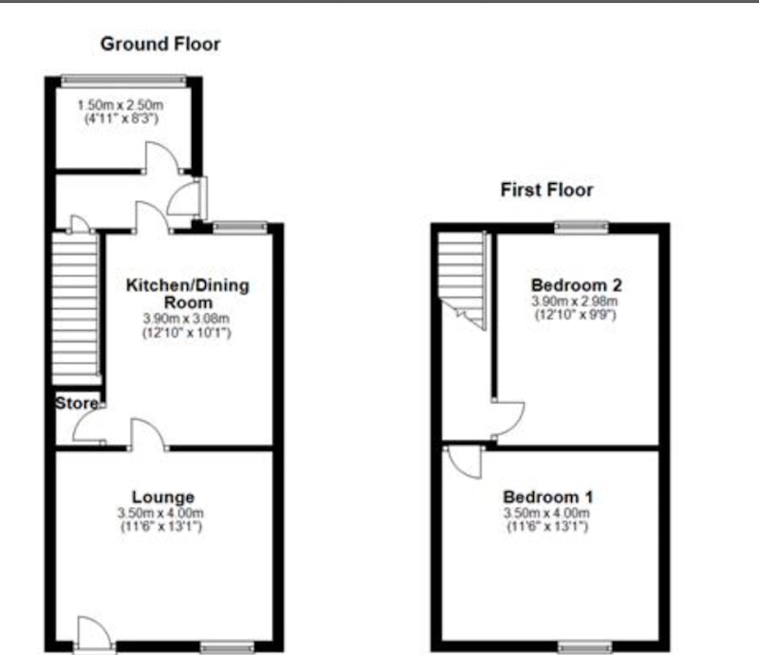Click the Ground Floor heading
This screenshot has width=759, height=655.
pyautogui.click(x=160, y=44)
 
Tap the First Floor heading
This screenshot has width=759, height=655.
pyautogui.click(x=546, y=190)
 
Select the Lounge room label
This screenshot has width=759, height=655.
pyautogui.click(x=163, y=497)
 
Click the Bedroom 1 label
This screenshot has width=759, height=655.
pyautogui.click(x=547, y=497)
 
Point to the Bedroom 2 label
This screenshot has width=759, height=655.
pyautogui.click(x=577, y=285)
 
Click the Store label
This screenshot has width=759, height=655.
pyautogui.click(x=77, y=403)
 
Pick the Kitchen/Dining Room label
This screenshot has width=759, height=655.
pyautogui.click(x=188, y=294)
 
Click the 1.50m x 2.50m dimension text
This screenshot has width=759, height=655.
pyautogui.click(x=120, y=105)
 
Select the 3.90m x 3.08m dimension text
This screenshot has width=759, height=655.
pyautogui.click(x=186, y=318)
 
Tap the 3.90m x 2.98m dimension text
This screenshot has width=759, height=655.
pyautogui.click(x=575, y=300)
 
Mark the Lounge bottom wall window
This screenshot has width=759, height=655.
pyautogui.click(x=227, y=647)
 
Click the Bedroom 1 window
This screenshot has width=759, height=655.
pyautogui.click(x=584, y=647)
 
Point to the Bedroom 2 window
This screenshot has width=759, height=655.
pyautogui.click(x=582, y=227)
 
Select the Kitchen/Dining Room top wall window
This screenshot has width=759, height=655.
pyautogui.click(x=240, y=227)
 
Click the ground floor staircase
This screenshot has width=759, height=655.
pyautogui.click(x=76, y=309)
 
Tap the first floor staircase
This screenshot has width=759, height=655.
pyautogui.click(x=462, y=281)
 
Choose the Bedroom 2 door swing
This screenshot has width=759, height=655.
pyautogui.click(x=509, y=421)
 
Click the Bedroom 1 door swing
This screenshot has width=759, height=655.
pyautogui.click(x=465, y=462)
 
